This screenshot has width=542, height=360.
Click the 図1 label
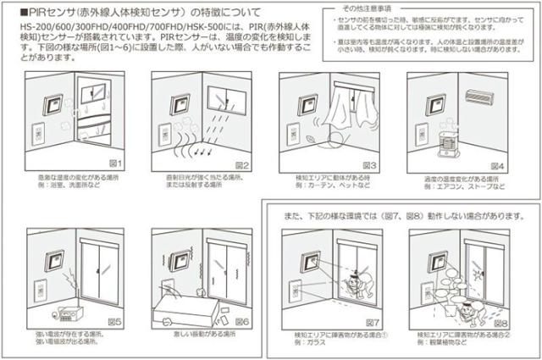point(117,163)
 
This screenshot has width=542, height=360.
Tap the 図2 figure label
point(242,163)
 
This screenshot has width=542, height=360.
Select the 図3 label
point(371,163)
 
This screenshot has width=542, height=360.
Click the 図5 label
point(117,322)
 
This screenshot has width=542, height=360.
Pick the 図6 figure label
point(242,322)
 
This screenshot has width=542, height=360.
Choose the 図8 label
point(500,322)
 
